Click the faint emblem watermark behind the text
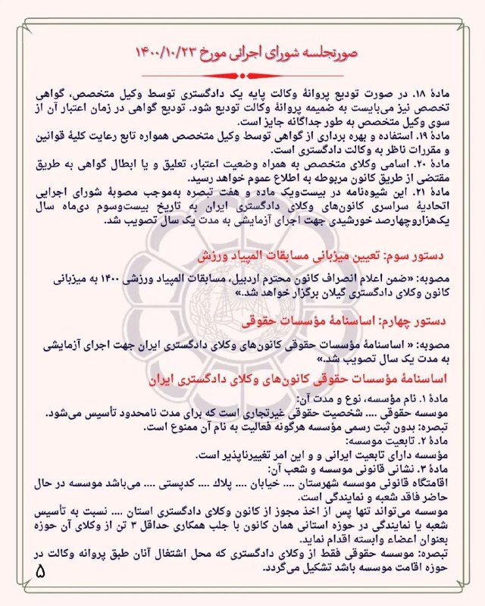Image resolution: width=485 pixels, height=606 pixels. [242, 303]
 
